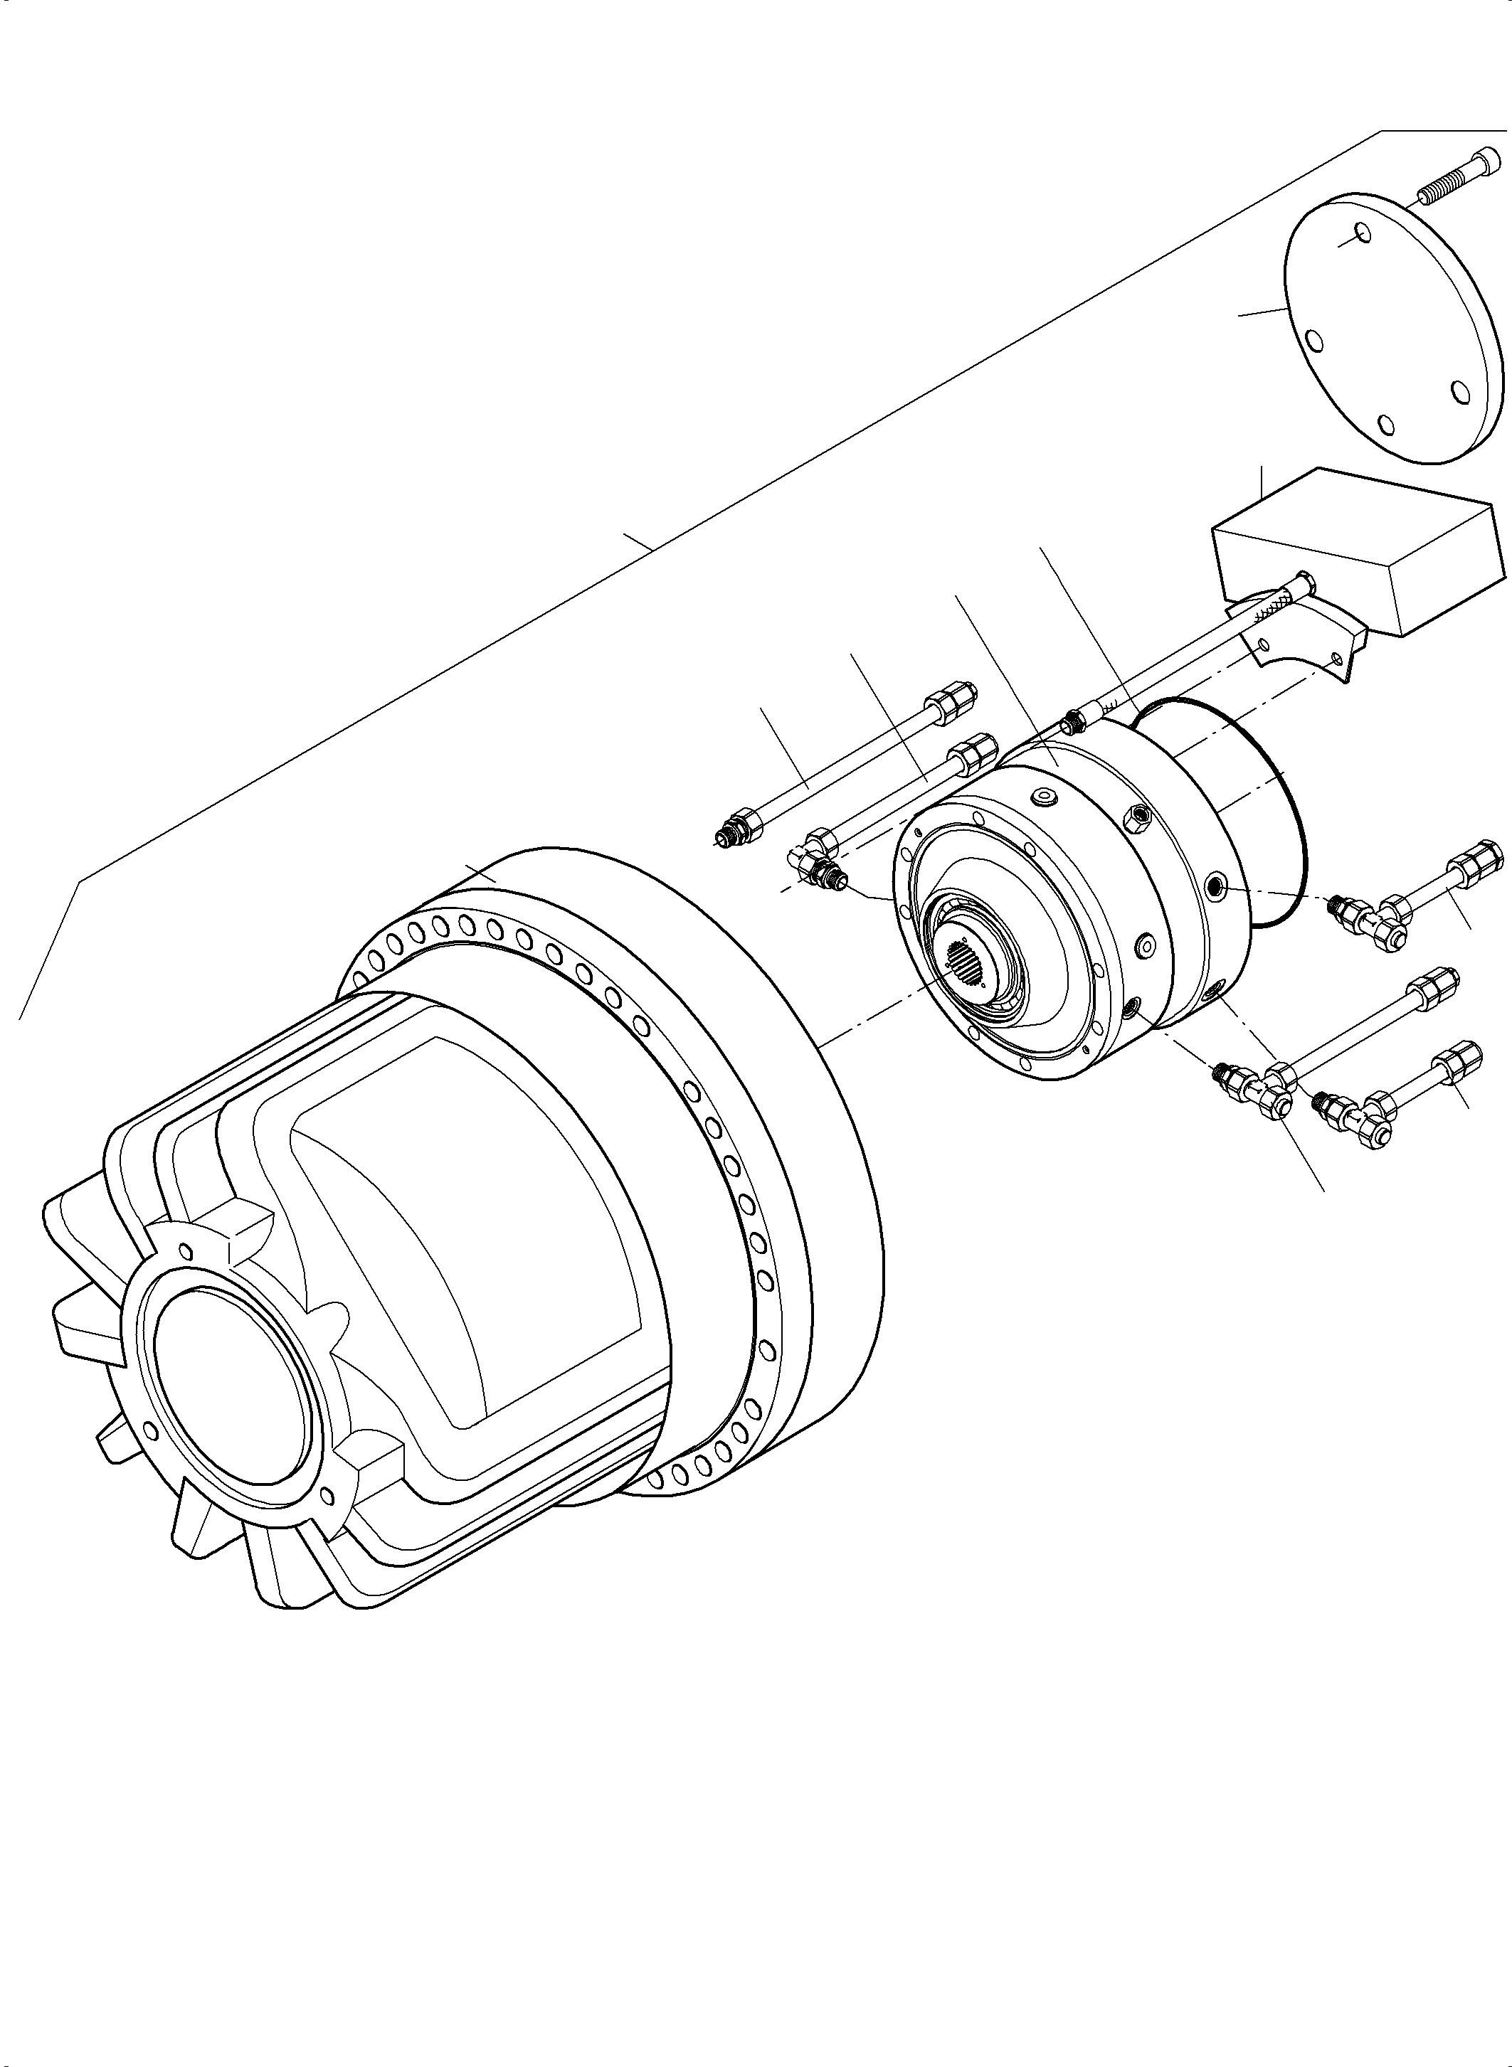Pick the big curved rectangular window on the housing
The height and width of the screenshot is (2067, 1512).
[x=467, y=1245]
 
